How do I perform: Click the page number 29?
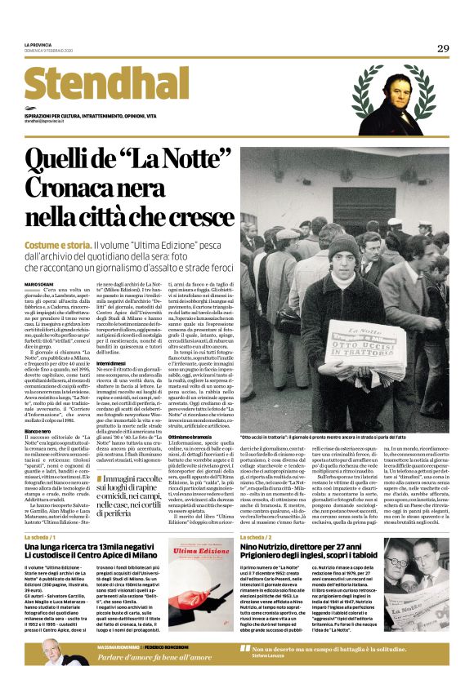[x=442, y=49]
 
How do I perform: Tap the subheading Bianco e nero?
[x=38, y=429]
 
